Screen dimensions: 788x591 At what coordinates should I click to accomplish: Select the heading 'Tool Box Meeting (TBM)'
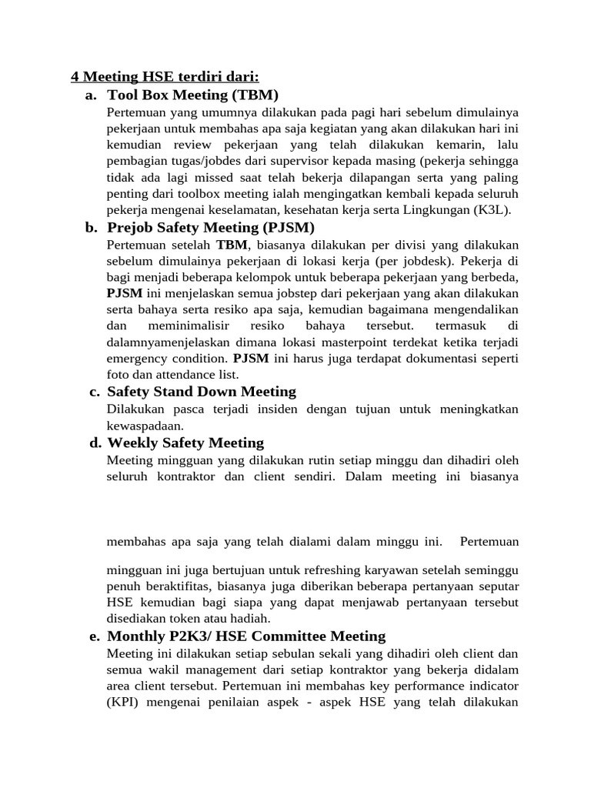(192, 95)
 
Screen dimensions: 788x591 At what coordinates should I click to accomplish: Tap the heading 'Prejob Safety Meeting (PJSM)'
(211, 227)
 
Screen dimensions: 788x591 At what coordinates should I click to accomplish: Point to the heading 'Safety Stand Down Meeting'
(202, 392)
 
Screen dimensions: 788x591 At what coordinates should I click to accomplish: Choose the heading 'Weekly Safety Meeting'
(185, 442)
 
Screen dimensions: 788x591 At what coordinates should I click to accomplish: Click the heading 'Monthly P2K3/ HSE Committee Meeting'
(246, 636)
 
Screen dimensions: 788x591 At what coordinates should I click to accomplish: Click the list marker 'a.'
(91, 95)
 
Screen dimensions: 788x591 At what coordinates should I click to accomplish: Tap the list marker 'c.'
(94, 392)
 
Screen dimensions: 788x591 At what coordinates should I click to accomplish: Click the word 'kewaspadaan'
(144, 426)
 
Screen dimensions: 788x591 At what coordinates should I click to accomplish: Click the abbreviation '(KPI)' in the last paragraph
(122, 703)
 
